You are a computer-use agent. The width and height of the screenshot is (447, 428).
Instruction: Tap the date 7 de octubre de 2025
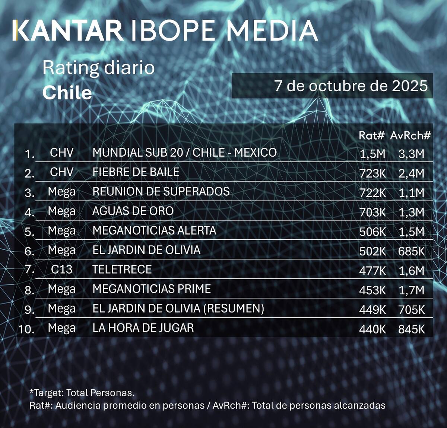[x=351, y=86]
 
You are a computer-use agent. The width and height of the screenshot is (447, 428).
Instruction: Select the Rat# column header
[x=371, y=135]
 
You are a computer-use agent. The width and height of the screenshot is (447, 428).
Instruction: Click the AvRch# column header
[x=410, y=135]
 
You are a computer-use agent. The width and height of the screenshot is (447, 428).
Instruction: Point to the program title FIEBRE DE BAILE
[x=136, y=172]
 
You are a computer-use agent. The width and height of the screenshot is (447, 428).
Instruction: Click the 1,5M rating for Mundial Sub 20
[x=372, y=154]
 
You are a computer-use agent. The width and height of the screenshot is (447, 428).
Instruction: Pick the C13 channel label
[x=61, y=269]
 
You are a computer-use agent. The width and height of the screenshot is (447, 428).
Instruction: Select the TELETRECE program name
[x=122, y=269]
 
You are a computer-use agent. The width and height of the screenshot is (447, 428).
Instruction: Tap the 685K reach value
[x=411, y=251]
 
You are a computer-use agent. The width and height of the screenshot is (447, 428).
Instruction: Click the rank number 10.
[x=26, y=329]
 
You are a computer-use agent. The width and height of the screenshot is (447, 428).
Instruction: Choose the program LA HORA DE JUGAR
[x=143, y=328]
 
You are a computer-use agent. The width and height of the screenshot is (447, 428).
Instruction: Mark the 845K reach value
[x=411, y=329]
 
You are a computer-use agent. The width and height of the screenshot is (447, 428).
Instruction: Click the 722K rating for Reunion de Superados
[x=372, y=193]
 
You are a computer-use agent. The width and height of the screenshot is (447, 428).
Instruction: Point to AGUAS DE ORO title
[x=133, y=211]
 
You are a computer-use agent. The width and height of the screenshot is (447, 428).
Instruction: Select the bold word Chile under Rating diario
[x=67, y=93]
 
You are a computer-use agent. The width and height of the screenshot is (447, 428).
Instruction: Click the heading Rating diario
[x=98, y=68]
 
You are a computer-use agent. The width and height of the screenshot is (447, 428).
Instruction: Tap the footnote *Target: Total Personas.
[x=82, y=393]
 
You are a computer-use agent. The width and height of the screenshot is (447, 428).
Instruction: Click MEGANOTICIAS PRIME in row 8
[x=151, y=289]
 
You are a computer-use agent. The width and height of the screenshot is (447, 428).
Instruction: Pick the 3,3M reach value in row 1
[x=411, y=154]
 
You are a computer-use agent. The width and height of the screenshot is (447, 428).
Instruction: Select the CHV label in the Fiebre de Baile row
[x=61, y=172]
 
